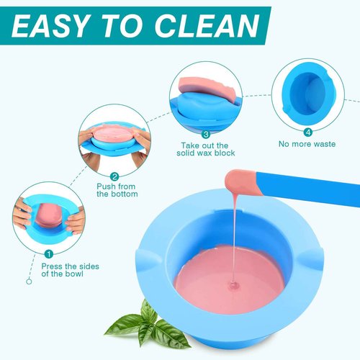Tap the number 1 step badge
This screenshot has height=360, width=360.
(x=49, y=253)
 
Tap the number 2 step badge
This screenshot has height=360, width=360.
(x=114, y=176)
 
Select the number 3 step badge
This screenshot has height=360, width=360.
(x=206, y=134)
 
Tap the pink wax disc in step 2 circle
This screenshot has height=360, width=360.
(x=115, y=135)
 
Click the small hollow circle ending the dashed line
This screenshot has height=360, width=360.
(x=30, y=282)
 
